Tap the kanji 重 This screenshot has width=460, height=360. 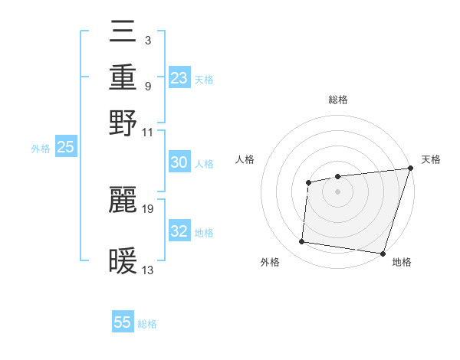pyautogui.click(x=123, y=79)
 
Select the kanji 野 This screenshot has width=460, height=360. pyautogui.click(x=123, y=123)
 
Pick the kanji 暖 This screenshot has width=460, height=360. pyautogui.click(x=123, y=260)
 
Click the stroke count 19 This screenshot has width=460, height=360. pyautogui.click(x=148, y=208)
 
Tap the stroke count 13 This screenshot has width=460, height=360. pyautogui.click(x=148, y=269)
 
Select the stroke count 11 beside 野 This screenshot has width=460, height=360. pyautogui.click(x=148, y=132)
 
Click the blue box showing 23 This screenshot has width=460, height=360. pyautogui.click(x=179, y=78)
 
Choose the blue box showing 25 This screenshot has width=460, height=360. pyautogui.click(x=65, y=148)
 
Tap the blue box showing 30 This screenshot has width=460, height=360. pyautogui.click(x=179, y=163)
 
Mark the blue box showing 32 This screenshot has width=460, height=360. pyautogui.click(x=179, y=232)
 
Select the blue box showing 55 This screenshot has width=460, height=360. pyautogui.click(x=123, y=322)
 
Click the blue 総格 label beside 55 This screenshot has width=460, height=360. pyautogui.click(x=148, y=324)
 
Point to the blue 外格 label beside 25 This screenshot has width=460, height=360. pyautogui.click(x=41, y=149)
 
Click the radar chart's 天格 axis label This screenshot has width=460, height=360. pyautogui.click(x=431, y=159)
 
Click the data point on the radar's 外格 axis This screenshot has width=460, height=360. pyautogui.click(x=302, y=242)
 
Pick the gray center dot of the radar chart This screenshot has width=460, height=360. pyautogui.click(x=337, y=191)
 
